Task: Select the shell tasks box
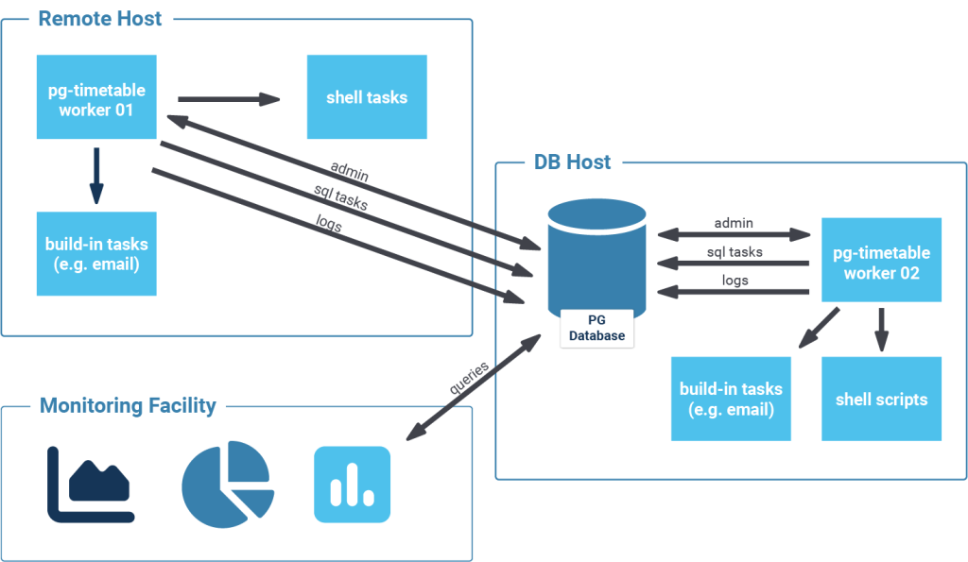(367, 97)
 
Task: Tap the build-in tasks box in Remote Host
(96, 253)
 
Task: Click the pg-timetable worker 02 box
(881, 263)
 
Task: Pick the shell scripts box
(881, 399)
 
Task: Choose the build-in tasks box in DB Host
(731, 399)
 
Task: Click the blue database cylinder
(597, 255)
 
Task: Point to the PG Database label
(597, 329)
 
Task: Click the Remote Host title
(99, 18)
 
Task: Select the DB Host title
(567, 162)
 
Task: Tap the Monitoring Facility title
(128, 406)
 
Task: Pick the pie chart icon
(227, 484)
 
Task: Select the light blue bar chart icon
(352, 485)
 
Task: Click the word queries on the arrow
(469, 381)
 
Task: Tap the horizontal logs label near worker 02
(735, 280)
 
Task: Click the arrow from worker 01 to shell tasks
(229, 98)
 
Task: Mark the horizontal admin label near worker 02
(734, 223)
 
